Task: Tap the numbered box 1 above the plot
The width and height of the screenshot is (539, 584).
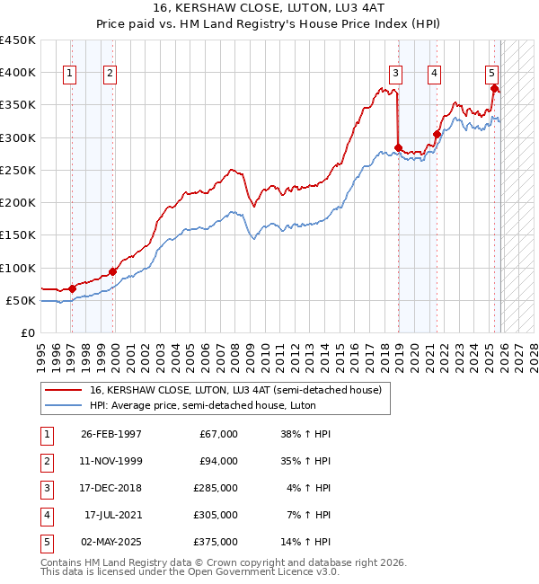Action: click(x=70, y=74)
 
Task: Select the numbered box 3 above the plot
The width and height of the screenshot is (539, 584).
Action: click(x=396, y=74)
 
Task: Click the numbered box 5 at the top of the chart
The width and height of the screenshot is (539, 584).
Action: click(x=492, y=74)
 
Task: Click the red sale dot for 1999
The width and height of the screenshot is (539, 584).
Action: click(x=113, y=271)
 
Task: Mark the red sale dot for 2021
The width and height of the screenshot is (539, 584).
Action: click(x=437, y=135)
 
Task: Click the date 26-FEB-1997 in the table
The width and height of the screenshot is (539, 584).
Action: click(x=111, y=433)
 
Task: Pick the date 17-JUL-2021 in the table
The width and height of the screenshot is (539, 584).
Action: click(x=111, y=515)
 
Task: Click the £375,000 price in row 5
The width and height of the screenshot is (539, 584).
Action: click(x=216, y=542)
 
